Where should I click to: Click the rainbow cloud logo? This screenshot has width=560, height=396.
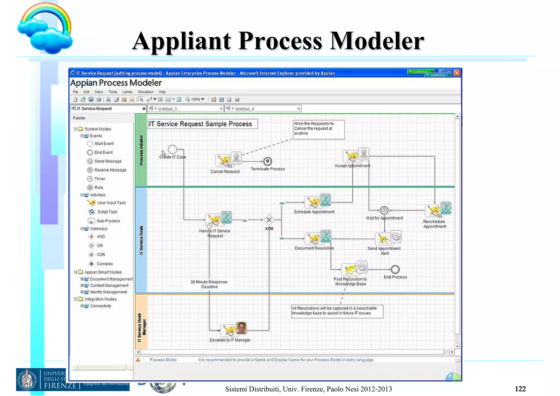tap(45, 29)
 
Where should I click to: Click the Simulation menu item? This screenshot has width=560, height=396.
tap(145, 92)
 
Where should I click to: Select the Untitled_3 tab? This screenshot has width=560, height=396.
tap(167, 109)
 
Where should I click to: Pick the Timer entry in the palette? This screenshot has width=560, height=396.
tap(100, 179)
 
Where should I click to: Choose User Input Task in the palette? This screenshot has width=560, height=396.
tap(111, 203)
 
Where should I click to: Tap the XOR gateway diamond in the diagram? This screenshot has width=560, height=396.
tap(269, 220)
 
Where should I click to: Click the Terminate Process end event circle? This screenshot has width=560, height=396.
tap(267, 161)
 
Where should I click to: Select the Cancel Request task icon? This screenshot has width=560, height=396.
tap(228, 160)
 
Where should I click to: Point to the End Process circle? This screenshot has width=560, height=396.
tap(395, 270)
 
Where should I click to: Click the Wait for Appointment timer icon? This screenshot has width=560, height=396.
tap(384, 210)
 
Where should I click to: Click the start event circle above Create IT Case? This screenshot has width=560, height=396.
tap(172, 149)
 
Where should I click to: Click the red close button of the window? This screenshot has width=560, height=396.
tap(457, 73)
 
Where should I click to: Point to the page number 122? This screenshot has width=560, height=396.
tap(520, 389)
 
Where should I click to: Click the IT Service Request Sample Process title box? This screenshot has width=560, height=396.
tap(203, 124)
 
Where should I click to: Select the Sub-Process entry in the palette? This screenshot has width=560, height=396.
tap(108, 221)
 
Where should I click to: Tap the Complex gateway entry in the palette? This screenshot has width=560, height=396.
tap(104, 264)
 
